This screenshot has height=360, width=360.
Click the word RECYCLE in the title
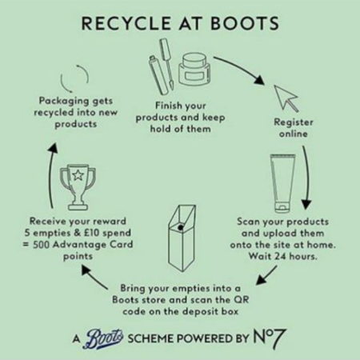(x=126, y=23)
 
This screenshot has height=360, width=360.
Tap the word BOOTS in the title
(x=245, y=23)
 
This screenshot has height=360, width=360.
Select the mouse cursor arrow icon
(x=286, y=98)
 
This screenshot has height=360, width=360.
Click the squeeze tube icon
(x=282, y=183)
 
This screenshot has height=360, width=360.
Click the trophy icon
(x=78, y=186)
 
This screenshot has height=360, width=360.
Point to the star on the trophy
(x=78, y=175)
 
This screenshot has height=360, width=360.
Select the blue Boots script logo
(x=105, y=338)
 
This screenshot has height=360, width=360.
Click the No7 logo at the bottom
(x=269, y=338)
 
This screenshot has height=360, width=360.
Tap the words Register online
(x=294, y=128)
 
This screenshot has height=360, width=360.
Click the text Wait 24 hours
(x=283, y=257)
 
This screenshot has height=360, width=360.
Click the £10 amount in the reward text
(x=91, y=233)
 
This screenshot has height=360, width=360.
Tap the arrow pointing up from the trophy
(x=52, y=174)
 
